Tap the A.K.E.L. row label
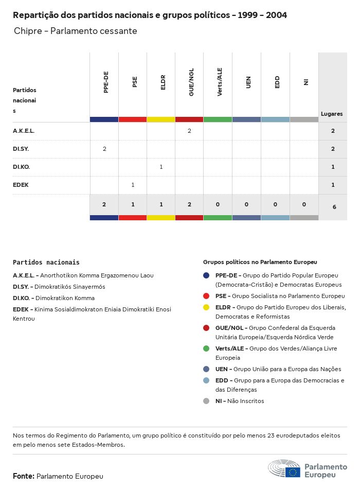(x=24, y=131)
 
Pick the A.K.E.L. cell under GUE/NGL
(x=189, y=131)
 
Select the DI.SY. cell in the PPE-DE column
(x=104, y=149)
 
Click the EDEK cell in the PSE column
(x=133, y=185)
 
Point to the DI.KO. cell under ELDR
(x=161, y=167)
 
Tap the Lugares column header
(x=332, y=114)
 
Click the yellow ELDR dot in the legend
(x=206, y=307)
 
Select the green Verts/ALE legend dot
(x=206, y=348)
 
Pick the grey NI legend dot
(x=206, y=401)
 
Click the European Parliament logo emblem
(x=284, y=469)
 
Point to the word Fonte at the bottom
(x=23, y=477)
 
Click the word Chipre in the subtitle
(x=28, y=31)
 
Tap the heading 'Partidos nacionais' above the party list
(x=46, y=263)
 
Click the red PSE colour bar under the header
(x=133, y=119)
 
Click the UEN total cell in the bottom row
(x=246, y=205)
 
